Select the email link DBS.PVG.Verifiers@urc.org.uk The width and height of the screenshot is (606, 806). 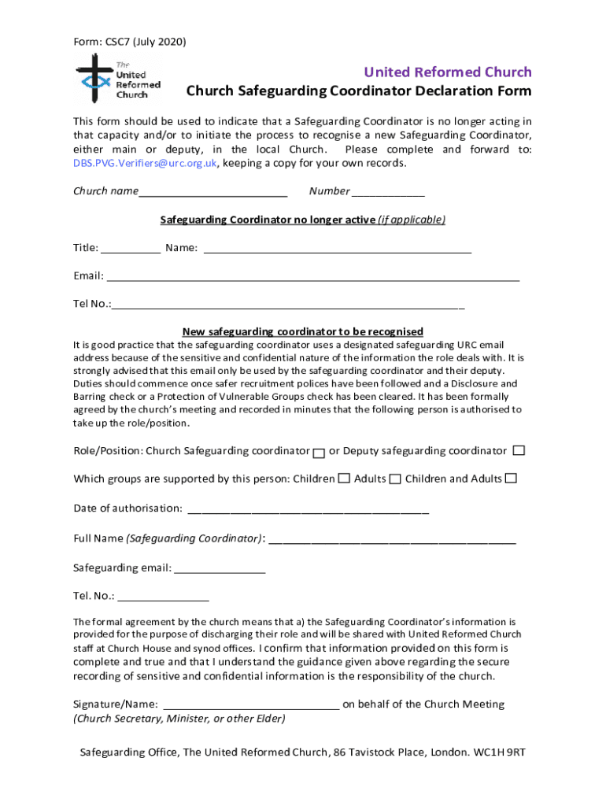click(x=146, y=164)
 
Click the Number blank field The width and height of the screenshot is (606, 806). click(x=388, y=192)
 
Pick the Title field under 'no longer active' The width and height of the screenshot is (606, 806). click(x=131, y=249)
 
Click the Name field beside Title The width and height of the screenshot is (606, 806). click(x=338, y=249)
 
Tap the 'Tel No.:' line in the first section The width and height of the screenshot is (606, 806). click(x=287, y=305)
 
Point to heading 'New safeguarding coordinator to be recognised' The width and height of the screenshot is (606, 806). click(x=303, y=331)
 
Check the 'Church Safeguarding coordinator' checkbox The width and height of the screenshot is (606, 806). click(x=319, y=453)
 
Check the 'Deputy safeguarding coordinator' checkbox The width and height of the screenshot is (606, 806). click(x=519, y=451)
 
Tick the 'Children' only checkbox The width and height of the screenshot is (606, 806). click(x=344, y=479)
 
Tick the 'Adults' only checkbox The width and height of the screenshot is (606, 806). click(x=395, y=479)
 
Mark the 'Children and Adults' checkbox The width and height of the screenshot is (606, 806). click(x=512, y=479)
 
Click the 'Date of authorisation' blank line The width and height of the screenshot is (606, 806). click(x=308, y=509)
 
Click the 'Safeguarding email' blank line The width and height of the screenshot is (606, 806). click(x=220, y=569)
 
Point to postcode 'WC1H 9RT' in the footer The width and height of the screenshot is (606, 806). click(x=499, y=752)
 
